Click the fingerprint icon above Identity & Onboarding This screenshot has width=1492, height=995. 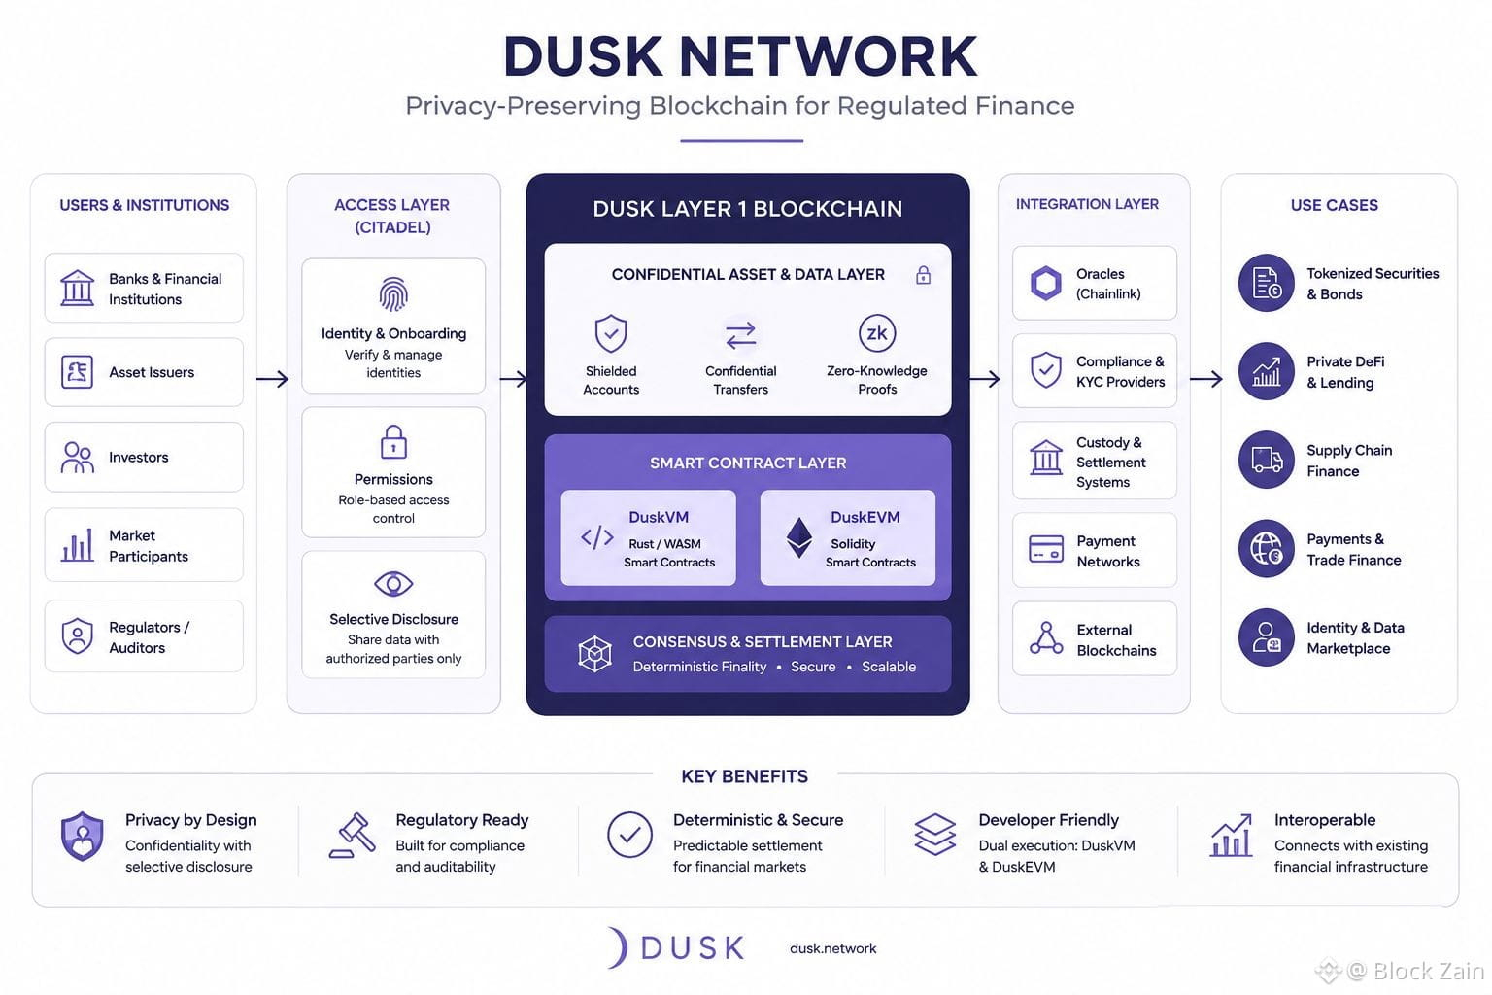pyautogui.click(x=393, y=294)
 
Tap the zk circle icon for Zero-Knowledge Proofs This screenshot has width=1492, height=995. pyautogui.click(x=876, y=332)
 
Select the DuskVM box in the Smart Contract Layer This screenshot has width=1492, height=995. pyautogui.click(x=648, y=537)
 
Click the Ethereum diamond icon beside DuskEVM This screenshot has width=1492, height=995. pyautogui.click(x=799, y=537)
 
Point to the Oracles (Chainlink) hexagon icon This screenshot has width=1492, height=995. pyautogui.click(x=1046, y=283)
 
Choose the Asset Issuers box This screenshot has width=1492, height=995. pyautogui.click(x=144, y=372)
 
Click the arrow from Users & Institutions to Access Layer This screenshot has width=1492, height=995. pyautogui.click(x=272, y=379)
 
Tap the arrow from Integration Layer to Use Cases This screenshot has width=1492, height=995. pyautogui.click(x=1206, y=379)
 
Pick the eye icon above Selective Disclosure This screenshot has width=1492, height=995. pyautogui.click(x=393, y=584)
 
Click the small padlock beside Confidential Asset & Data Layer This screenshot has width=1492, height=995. pyautogui.click(x=923, y=275)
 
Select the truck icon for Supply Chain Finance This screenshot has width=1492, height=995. pyautogui.click(x=1267, y=460)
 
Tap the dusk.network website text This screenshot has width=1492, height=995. pyautogui.click(x=832, y=948)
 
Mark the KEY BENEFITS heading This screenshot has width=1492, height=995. pyautogui.click(x=744, y=776)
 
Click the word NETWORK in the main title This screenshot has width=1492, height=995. pyautogui.click(x=828, y=56)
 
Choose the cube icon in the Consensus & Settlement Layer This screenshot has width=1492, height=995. pyautogui.click(x=594, y=653)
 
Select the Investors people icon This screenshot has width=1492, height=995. pyautogui.click(x=78, y=458)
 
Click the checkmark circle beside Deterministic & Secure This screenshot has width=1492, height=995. pyautogui.click(x=629, y=835)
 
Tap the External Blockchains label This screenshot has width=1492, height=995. pyautogui.click(x=1116, y=639)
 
